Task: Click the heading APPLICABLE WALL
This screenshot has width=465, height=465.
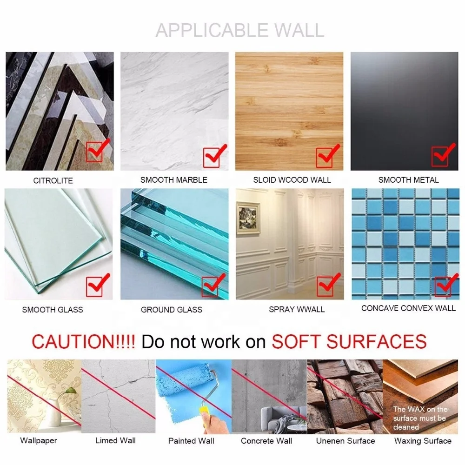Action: [239, 30]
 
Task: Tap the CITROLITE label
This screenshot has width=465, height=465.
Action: [53, 180]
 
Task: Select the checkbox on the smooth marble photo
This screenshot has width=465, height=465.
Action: [212, 157]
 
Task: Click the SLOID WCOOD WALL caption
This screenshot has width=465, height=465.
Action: [292, 179]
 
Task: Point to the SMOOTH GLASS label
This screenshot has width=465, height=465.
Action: [53, 309]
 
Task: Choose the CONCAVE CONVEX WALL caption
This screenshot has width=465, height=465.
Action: [408, 308]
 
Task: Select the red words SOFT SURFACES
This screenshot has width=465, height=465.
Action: [349, 342]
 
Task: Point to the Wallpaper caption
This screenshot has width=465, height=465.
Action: [39, 440]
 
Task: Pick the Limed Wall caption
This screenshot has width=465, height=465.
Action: [116, 440]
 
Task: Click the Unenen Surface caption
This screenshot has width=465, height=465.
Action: [345, 440]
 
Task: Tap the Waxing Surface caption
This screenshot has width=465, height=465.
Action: [423, 440]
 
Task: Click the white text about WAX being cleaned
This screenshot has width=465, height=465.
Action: [420, 418]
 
